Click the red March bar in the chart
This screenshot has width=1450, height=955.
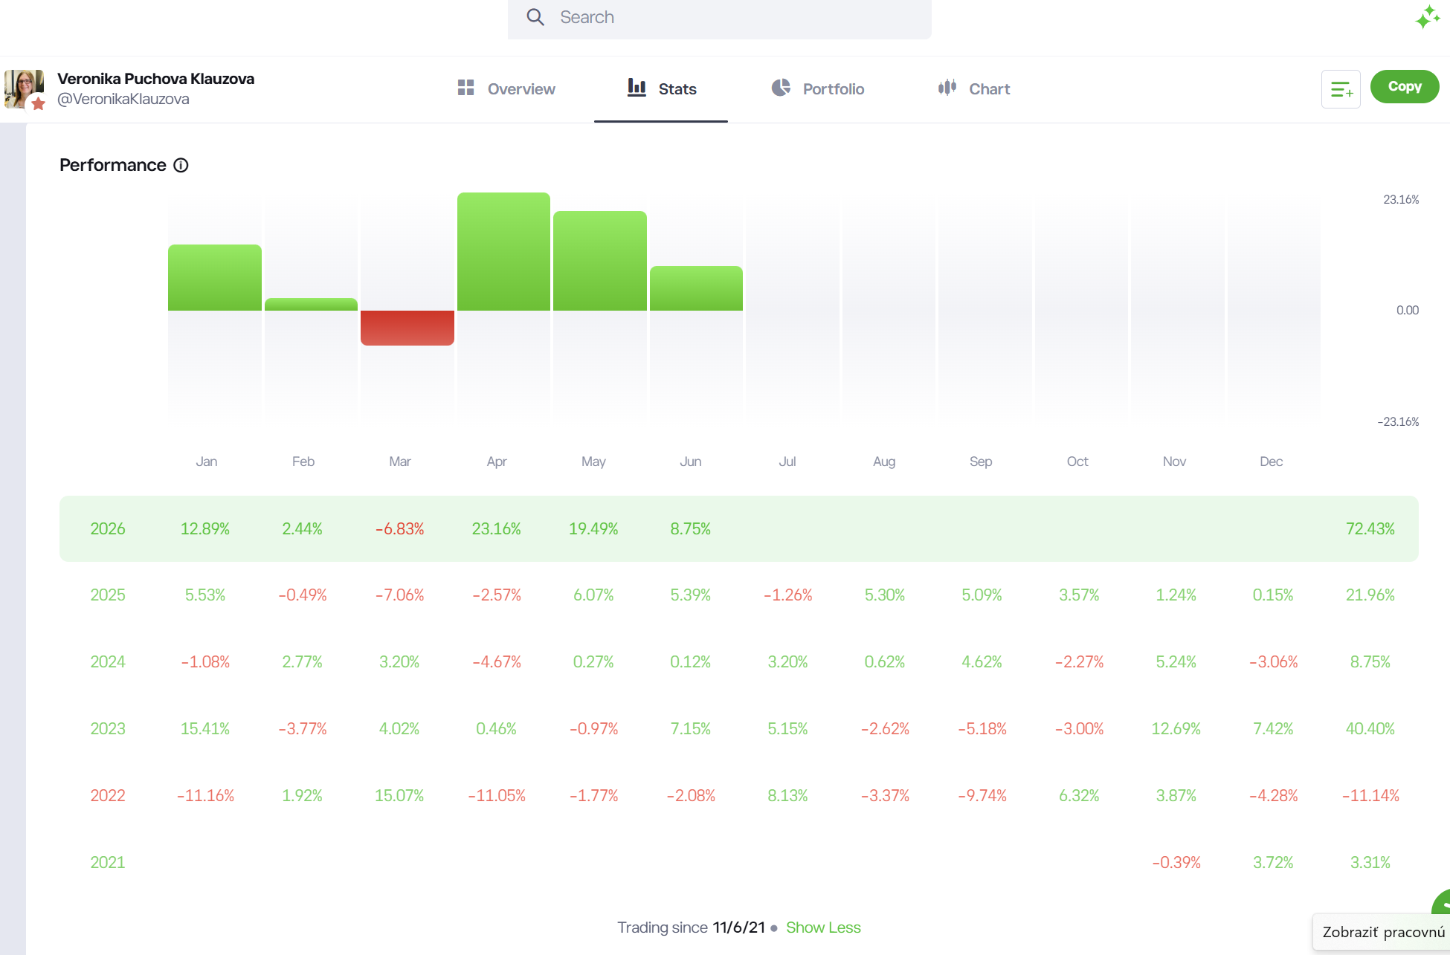click(407, 328)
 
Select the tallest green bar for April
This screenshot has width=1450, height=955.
click(503, 251)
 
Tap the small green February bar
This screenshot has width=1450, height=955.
click(311, 304)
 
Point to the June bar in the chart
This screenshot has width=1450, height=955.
click(696, 288)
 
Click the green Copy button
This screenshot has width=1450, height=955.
click(1405, 86)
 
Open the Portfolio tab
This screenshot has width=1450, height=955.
click(817, 88)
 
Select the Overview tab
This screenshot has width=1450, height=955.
click(506, 88)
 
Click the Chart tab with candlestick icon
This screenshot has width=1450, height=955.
click(974, 88)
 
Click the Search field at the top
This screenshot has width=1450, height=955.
click(719, 18)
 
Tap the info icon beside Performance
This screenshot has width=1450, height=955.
click(181, 165)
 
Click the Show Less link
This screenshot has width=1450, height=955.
click(823, 928)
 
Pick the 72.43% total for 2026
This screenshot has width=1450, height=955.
click(1370, 528)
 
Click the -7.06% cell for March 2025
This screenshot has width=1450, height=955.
click(399, 595)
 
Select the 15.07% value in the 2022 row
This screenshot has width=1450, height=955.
click(399, 795)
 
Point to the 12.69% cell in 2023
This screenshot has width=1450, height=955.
click(1176, 728)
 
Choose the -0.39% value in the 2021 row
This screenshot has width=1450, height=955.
click(1176, 862)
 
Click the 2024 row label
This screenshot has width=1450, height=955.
click(108, 661)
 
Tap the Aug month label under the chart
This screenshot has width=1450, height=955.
click(884, 462)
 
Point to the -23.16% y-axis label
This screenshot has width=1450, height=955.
click(1398, 421)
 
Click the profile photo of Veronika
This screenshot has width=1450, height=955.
click(24, 88)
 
